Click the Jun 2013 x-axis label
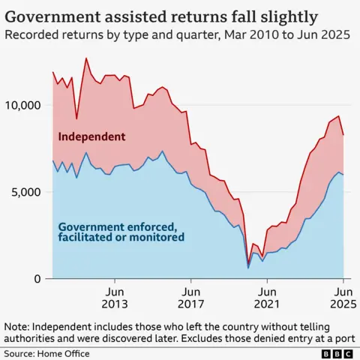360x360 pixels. [x=115, y=298]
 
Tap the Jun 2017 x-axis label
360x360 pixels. [x=191, y=298]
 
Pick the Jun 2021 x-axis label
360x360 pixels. [x=267, y=298]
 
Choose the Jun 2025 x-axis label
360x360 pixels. [x=342, y=298]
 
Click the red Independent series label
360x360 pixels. [x=92, y=136]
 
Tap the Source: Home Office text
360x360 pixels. [x=45, y=352]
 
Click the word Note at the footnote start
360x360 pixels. [x=17, y=327]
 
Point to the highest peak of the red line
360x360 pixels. [x=85, y=58]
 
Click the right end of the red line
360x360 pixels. [x=344, y=135]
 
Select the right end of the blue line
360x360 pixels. [x=344, y=174]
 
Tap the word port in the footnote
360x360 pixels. [x=344, y=339]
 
